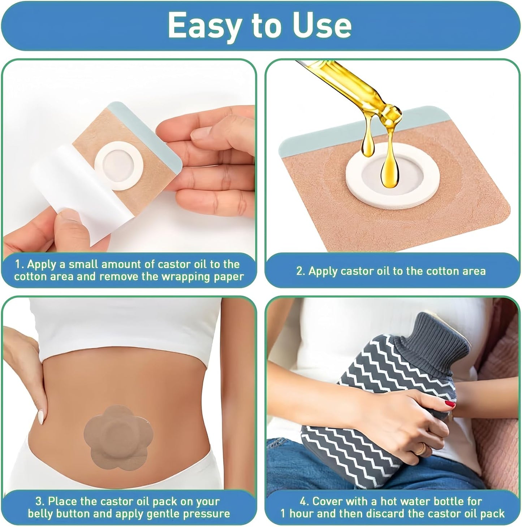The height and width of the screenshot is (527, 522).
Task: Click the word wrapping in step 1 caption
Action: pyautogui.click(x=183, y=277)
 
